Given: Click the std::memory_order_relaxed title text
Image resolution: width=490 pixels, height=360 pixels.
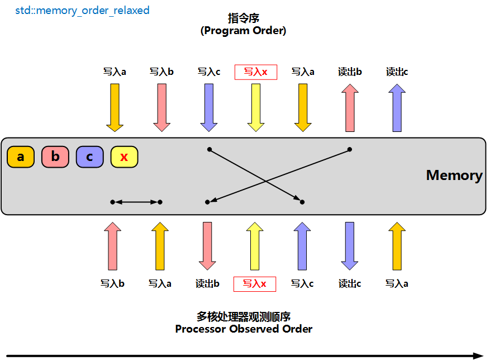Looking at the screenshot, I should coord(82,11).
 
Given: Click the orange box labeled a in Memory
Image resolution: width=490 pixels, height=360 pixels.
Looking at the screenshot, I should coord(21,157).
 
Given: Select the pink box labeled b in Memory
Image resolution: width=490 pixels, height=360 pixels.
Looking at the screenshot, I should coord(55,157).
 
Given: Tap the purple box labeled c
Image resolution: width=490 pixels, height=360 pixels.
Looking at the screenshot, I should coord(89,157).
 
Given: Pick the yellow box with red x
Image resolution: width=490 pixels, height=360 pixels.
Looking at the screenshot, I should coord(124,157).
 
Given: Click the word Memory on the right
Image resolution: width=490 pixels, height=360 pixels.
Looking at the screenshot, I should coord(454,176).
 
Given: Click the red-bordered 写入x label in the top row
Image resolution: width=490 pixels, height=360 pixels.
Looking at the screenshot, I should coord(256,72).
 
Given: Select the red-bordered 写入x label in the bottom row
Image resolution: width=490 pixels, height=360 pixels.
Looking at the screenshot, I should coord(254,284).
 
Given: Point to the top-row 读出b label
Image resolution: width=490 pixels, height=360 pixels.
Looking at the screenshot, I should coord(350,72).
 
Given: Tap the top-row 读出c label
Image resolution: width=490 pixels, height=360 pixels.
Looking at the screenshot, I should coord(397,72).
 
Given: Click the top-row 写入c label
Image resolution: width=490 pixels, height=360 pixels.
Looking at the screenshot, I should coord(209,72).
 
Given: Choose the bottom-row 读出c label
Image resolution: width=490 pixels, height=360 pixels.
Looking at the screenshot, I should coord(350,284).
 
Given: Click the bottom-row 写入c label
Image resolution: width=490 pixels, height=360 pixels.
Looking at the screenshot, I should coord(302,284).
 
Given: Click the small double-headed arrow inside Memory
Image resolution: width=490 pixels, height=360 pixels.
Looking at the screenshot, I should coord(136,202).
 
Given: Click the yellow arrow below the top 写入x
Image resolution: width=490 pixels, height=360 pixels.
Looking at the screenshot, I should coord(256,107).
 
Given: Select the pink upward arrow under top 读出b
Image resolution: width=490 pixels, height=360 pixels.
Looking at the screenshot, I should coord(350,107).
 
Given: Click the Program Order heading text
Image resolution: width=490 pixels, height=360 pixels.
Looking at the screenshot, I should coord(244,31).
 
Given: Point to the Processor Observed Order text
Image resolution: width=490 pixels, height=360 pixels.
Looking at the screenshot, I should coord(244,329).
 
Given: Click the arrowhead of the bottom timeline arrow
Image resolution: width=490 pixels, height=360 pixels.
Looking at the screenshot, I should coord(478,356).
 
